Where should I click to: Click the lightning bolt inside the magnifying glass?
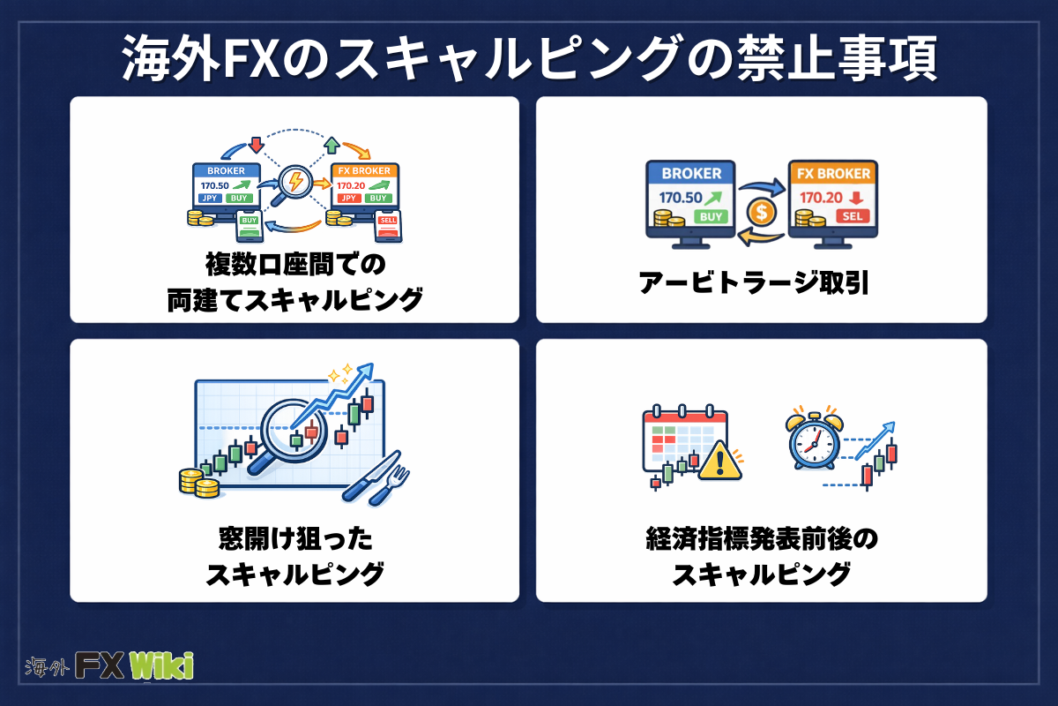point(294,183)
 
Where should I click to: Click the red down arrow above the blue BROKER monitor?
point(257,143)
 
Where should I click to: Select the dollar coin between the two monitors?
point(761,212)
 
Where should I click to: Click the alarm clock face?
point(812,442)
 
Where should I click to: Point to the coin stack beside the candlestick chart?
point(197,482)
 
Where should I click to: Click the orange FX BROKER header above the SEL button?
point(833,173)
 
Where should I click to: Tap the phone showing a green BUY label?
point(250,225)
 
